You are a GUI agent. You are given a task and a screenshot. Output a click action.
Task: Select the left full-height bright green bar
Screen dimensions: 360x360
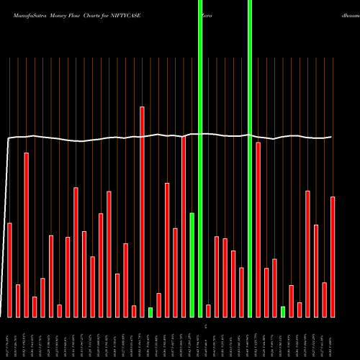[200, 158]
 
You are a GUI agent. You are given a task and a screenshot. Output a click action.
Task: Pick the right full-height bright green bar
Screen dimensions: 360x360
[250, 158]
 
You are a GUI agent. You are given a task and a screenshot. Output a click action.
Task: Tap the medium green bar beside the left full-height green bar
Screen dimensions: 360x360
[192, 265]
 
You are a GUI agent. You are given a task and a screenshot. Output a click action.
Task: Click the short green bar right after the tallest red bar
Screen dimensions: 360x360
[150, 312]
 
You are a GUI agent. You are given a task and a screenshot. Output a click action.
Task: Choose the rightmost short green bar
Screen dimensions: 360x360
[283, 311]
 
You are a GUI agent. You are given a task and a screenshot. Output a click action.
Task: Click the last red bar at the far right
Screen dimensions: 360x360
[333, 256]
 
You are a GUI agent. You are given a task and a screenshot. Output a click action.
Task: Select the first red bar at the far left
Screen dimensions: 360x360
[10, 270]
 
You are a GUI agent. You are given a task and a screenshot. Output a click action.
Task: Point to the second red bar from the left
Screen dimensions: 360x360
[18, 301]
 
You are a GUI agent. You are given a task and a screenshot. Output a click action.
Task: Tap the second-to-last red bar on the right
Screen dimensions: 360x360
[324, 300]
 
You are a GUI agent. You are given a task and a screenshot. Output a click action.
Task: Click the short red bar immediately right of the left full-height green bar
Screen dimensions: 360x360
[209, 310]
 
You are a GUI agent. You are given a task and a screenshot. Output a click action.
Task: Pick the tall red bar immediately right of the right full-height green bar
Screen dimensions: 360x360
[258, 229]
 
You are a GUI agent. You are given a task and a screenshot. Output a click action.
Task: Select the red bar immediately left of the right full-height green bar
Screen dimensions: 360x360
[241, 292]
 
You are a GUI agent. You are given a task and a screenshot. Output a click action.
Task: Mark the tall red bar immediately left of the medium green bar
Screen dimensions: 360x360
[184, 227]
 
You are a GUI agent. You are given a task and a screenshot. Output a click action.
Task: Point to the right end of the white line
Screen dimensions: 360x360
[331, 137]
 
